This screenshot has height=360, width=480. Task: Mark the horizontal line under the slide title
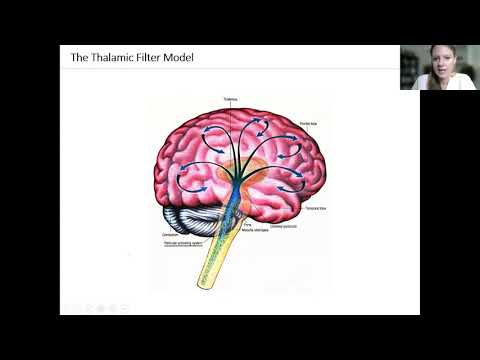pos(230,69)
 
